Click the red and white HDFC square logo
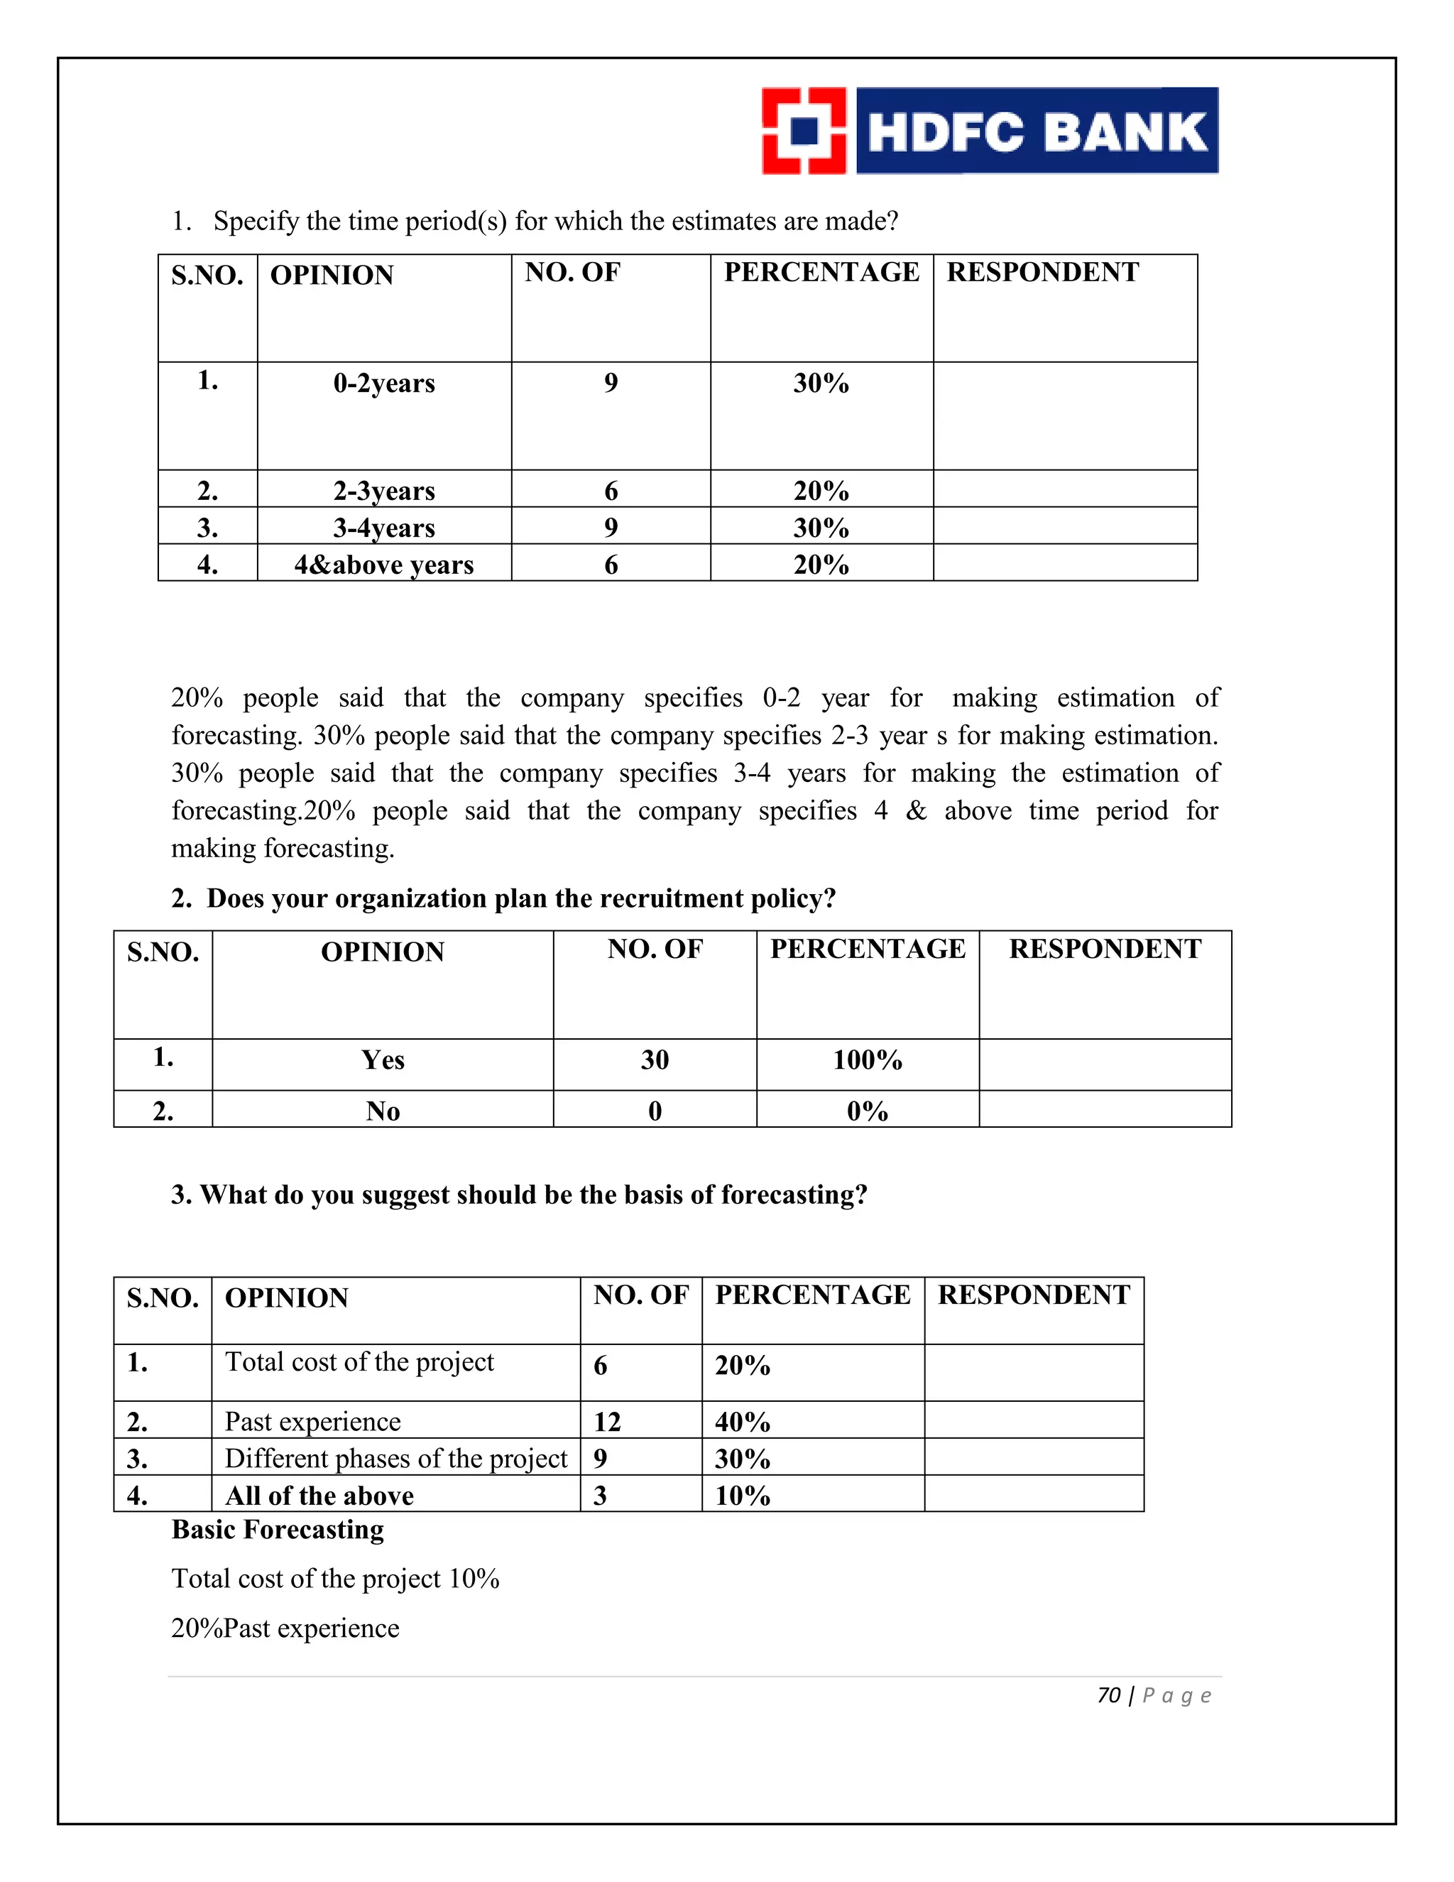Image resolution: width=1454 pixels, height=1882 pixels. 804,131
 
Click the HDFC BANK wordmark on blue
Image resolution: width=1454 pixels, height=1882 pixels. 1037,131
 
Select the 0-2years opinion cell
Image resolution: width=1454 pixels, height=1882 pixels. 384,383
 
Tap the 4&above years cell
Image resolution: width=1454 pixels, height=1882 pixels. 384,565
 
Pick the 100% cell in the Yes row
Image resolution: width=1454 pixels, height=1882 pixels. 868,1060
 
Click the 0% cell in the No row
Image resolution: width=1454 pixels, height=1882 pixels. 868,1111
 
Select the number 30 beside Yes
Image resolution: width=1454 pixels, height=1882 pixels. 655,1060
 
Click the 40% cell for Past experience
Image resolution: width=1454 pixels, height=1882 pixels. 743,1422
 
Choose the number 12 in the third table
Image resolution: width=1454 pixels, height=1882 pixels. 607,1422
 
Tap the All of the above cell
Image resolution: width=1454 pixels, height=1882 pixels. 319,1495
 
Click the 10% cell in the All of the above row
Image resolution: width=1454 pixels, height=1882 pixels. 743,1495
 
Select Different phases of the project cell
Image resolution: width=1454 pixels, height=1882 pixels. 396,1458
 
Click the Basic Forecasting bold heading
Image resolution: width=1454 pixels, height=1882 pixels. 278,1530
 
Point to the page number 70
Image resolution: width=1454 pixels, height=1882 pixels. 1108,1695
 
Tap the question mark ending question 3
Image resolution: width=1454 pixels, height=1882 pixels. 861,1195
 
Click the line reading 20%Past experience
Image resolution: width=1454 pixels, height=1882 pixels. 285,1628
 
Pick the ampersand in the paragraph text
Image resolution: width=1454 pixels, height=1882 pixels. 916,811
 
